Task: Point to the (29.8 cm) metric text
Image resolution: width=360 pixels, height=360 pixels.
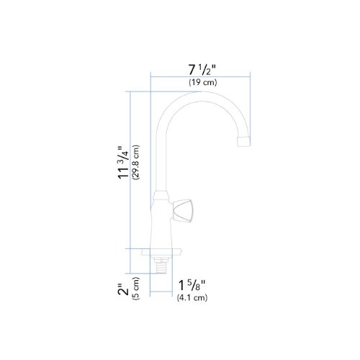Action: [x=136, y=163]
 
